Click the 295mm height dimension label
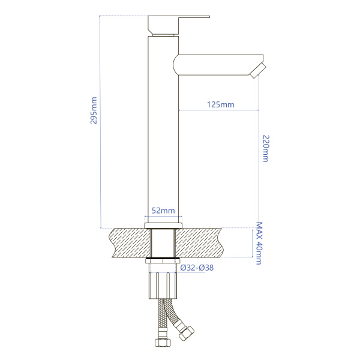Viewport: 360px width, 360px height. coord(94,110)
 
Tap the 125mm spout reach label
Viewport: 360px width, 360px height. coord(221,104)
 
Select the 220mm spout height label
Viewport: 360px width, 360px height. coord(266,149)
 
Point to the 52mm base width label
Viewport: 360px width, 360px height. coord(163,211)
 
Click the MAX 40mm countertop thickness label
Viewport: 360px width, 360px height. coord(259,244)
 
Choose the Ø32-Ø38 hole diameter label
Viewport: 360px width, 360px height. coord(197,268)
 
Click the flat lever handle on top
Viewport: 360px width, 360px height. coord(179,25)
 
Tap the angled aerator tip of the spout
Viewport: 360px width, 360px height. coord(258,71)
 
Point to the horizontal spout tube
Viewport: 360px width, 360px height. coord(218,65)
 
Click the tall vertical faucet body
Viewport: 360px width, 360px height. coord(163,129)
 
